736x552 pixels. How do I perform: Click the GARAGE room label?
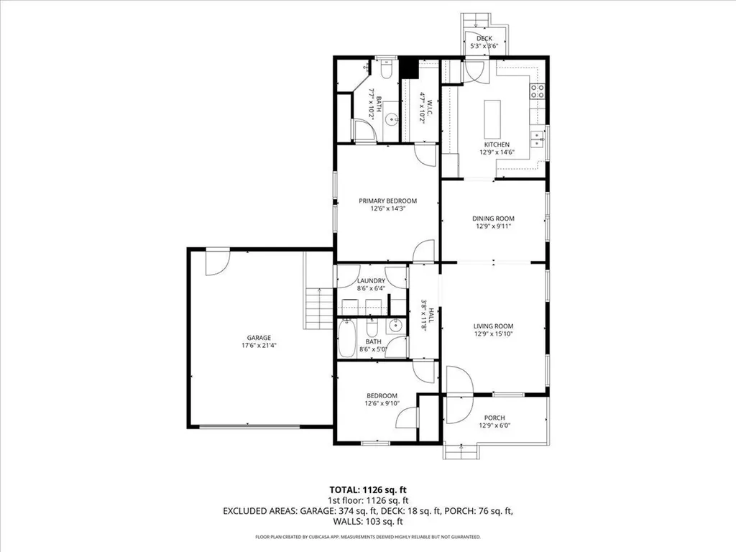click(x=259, y=337)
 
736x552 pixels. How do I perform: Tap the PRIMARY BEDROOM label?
click(x=388, y=201)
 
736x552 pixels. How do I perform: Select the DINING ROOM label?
click(x=493, y=218)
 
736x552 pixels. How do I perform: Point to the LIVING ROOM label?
click(x=493, y=326)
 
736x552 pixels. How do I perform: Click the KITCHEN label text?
click(x=496, y=144)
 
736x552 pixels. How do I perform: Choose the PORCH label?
click(x=494, y=418)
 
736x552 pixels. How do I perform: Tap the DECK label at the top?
click(x=484, y=39)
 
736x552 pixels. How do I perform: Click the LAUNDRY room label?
click(x=372, y=281)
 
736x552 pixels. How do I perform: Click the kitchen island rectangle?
click(x=493, y=119)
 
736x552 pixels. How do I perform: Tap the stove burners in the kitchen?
click(x=537, y=91)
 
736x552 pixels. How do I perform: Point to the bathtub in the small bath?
click(x=346, y=339)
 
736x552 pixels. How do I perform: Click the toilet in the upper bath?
click(x=386, y=70)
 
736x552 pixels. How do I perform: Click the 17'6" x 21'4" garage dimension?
click(x=259, y=345)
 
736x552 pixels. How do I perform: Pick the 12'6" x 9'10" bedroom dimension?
click(x=381, y=403)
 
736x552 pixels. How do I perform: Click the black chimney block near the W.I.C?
click(x=410, y=68)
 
